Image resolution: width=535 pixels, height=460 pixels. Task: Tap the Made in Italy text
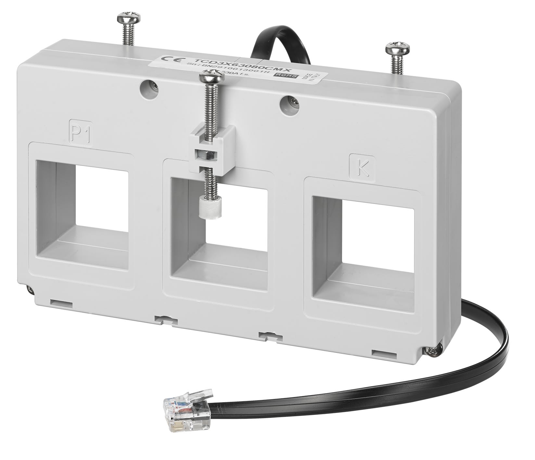point(308,78)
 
